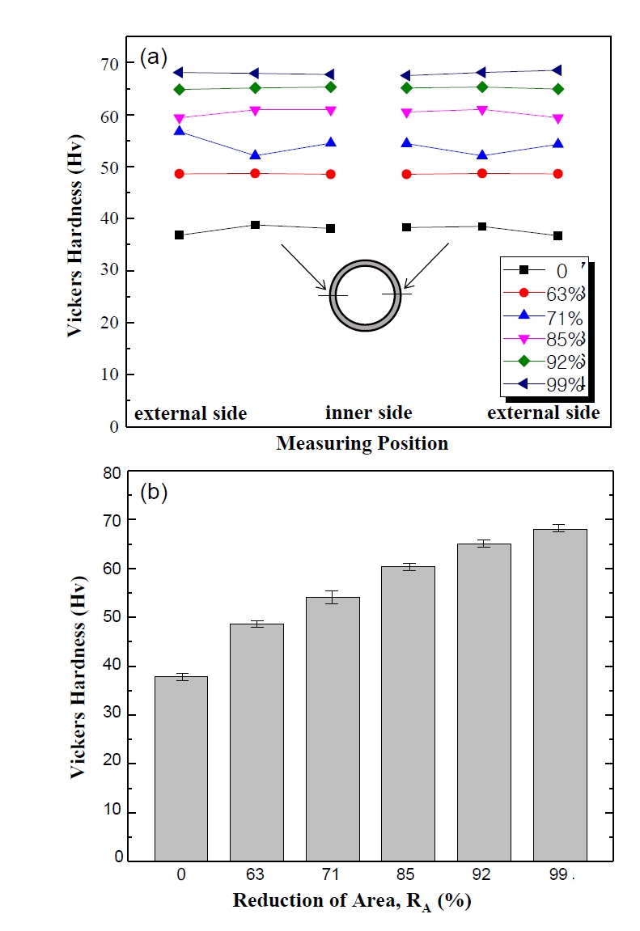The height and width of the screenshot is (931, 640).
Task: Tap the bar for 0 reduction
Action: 181,768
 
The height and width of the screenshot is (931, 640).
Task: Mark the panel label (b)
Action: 154,492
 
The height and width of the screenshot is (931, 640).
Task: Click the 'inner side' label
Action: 369,413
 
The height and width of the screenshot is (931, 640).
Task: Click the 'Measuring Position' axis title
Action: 362,443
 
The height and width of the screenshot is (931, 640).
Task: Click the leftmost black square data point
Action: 179,235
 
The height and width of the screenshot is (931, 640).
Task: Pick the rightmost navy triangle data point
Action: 557,70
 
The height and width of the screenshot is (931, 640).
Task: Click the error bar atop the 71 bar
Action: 332,597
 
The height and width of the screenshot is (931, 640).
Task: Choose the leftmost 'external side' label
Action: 190,413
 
